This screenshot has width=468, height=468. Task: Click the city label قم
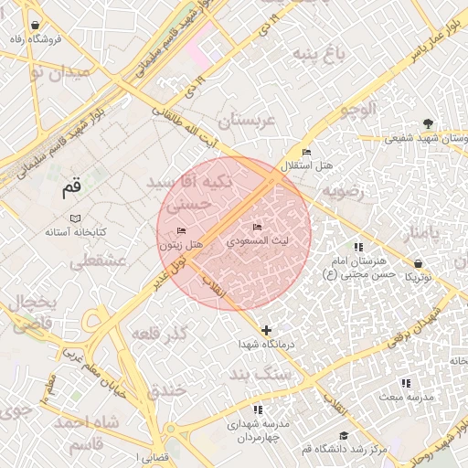(x=71, y=189)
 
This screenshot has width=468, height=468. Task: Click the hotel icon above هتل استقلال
(x=306, y=152)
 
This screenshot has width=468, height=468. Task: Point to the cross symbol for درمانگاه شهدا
(x=266, y=330)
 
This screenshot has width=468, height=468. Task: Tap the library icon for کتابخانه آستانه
(x=76, y=219)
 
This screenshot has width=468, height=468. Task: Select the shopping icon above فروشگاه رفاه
(x=35, y=26)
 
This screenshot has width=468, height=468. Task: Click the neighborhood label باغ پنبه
(x=319, y=54)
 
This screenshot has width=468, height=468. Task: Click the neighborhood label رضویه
(x=342, y=193)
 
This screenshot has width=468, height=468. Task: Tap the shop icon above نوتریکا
(x=418, y=263)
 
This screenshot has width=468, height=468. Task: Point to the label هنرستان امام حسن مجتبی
(x=360, y=267)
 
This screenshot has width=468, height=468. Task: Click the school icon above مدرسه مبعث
(x=406, y=383)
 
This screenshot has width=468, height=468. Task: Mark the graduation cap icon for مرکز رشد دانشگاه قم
(x=343, y=435)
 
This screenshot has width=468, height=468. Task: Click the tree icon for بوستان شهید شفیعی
(x=428, y=123)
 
